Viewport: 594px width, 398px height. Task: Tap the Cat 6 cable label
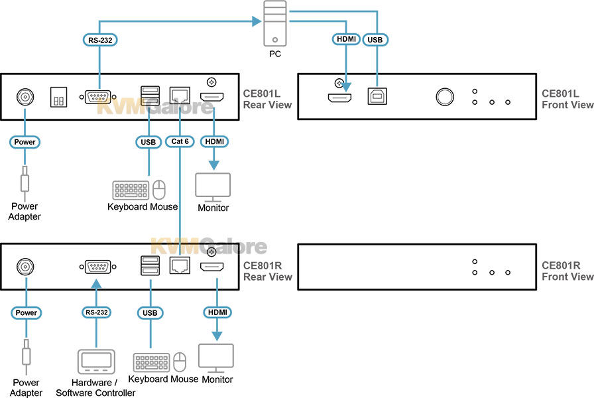click(x=180, y=141)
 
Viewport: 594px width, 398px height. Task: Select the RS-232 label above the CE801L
click(x=100, y=40)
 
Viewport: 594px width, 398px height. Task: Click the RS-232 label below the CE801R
click(x=97, y=312)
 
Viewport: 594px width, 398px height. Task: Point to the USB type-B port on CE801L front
click(x=378, y=97)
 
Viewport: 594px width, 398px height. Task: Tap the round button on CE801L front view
click(x=445, y=97)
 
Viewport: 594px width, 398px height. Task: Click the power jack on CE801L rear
click(x=25, y=98)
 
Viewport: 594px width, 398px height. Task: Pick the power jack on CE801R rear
click(x=25, y=267)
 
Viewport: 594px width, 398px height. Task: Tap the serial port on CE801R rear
click(x=97, y=267)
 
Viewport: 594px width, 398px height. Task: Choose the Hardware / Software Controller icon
click(x=97, y=362)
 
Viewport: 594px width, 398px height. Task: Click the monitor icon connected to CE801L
click(x=213, y=186)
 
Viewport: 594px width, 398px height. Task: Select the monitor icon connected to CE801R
click(x=217, y=358)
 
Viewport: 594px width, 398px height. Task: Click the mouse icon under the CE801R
click(x=180, y=362)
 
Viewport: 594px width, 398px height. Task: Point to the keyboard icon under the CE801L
click(x=131, y=190)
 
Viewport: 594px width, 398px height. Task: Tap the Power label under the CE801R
click(x=26, y=312)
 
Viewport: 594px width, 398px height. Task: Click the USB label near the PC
click(x=375, y=40)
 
